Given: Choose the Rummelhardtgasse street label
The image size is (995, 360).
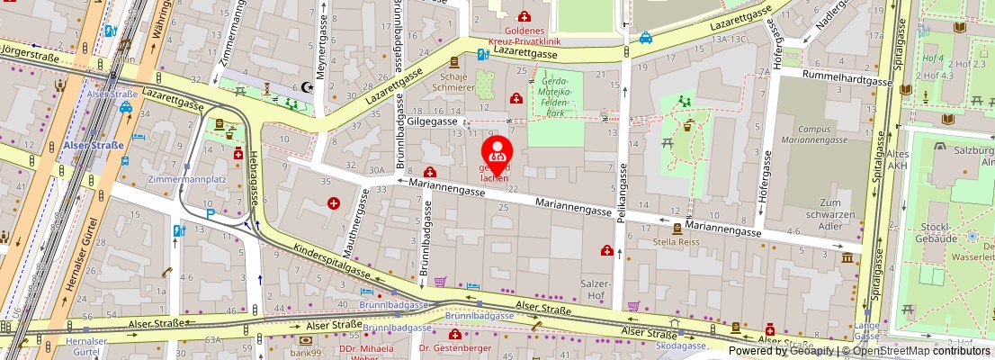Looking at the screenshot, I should [x=847, y=80].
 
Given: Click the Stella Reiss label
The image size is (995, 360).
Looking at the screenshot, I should [x=677, y=241].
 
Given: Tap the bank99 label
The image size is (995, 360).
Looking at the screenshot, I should [x=306, y=352].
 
